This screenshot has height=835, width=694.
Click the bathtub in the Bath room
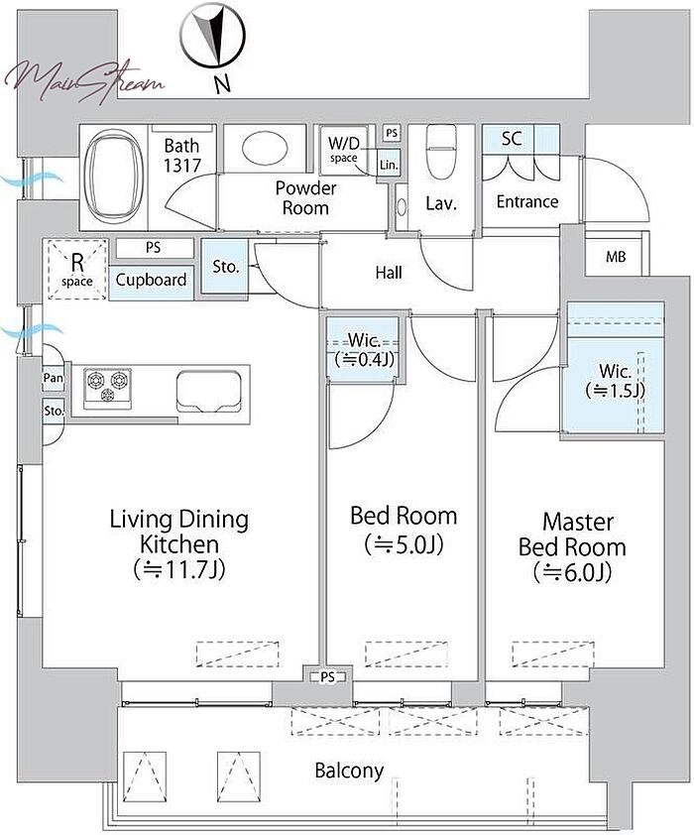[x=115, y=177]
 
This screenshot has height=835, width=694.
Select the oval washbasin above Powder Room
[x=265, y=147]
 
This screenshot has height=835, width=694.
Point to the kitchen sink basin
[x=208, y=392]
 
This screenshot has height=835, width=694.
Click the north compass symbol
[x=212, y=37]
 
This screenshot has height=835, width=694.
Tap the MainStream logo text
[x=84, y=81]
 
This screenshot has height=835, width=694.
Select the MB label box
[x=616, y=257]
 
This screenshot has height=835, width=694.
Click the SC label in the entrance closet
[x=512, y=139]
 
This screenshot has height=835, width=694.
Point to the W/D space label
[x=343, y=150]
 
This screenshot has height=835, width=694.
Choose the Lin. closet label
[x=389, y=165]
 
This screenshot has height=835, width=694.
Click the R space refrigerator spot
[x=77, y=269]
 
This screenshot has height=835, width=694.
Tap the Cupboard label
[x=151, y=280]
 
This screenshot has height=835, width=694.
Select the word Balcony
[x=349, y=771]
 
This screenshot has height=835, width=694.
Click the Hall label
[x=389, y=273]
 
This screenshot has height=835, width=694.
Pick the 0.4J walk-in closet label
[x=364, y=350]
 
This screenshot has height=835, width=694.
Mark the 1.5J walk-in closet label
[x=616, y=381]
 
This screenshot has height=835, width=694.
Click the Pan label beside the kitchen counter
[x=54, y=378]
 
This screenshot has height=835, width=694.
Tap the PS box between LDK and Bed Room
[x=328, y=677]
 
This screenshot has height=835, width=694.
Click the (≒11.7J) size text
[x=179, y=569]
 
